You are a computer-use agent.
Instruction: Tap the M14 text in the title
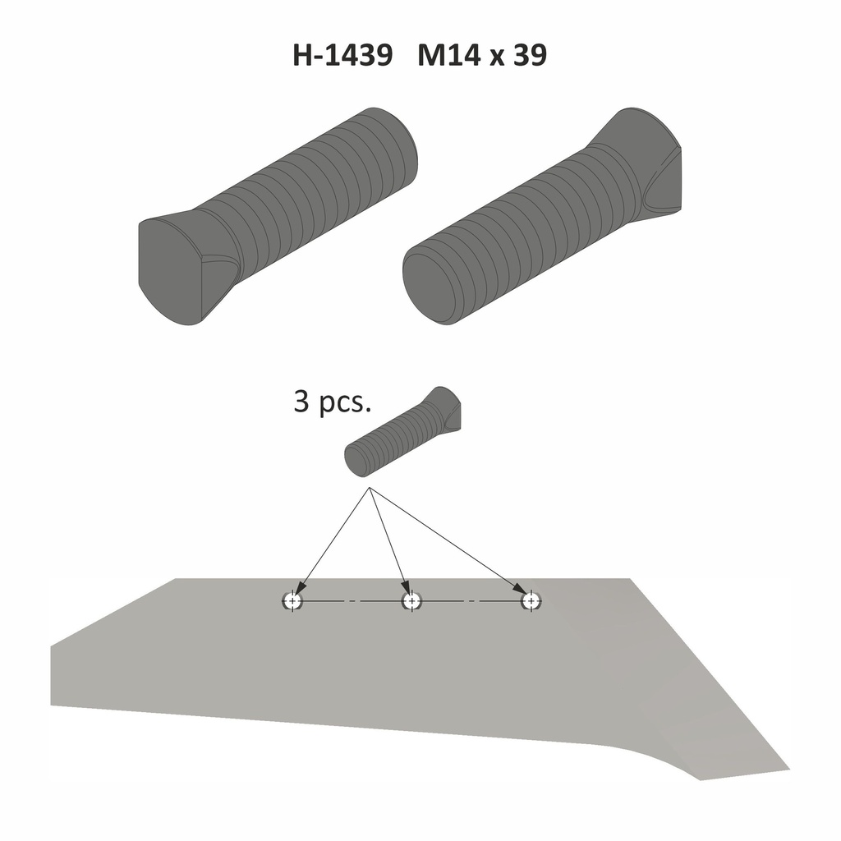pos(450,56)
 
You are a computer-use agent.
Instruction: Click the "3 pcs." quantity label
pos(333,403)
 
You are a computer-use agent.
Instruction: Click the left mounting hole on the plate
pos(292,601)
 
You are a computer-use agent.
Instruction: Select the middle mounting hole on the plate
pos(411,601)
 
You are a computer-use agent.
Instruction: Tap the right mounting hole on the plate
pos(531,601)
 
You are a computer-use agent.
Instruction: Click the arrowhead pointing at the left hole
pos(300,586)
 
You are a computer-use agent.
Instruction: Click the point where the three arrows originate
pos(370,489)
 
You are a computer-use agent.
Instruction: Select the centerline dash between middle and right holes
pos(471,602)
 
